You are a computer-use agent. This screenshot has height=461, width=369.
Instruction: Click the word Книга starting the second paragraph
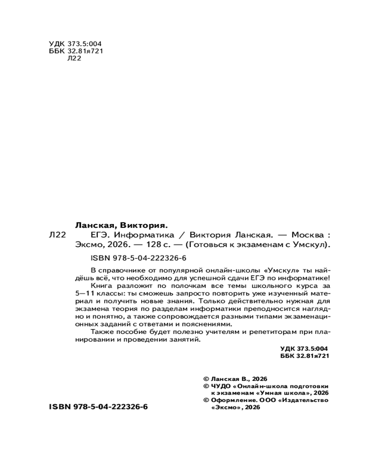pyautogui.click(x=102, y=286)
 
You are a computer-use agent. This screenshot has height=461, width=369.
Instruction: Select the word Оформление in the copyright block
pyautogui.click(x=232, y=400)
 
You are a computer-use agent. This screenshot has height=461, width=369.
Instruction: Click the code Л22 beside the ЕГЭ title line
pyautogui.click(x=57, y=235)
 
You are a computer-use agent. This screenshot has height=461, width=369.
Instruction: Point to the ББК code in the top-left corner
pyautogui.click(x=75, y=51)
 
